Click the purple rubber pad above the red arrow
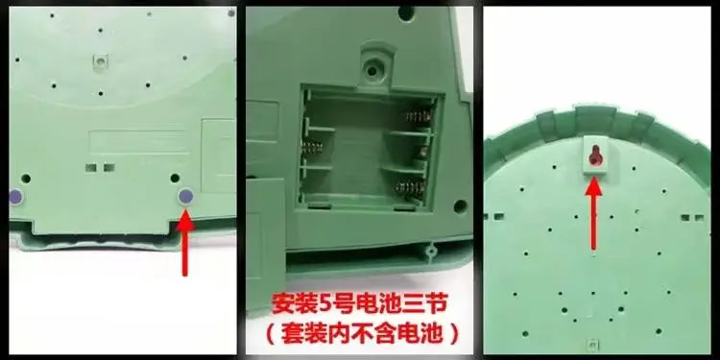[x=185, y=197]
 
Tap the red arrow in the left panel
[x=185, y=243]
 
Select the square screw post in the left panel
[x=101, y=60]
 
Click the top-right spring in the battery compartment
[x=419, y=117]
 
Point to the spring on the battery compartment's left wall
[x=312, y=148]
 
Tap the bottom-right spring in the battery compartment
[x=410, y=187]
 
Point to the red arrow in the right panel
[x=593, y=213]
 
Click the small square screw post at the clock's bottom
[x=592, y=345]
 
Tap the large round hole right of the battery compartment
[x=460, y=206]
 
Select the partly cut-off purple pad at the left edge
[x=15, y=197]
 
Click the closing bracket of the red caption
[x=454, y=334]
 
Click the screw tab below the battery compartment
[x=431, y=251]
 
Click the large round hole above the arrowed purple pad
[x=175, y=178]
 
